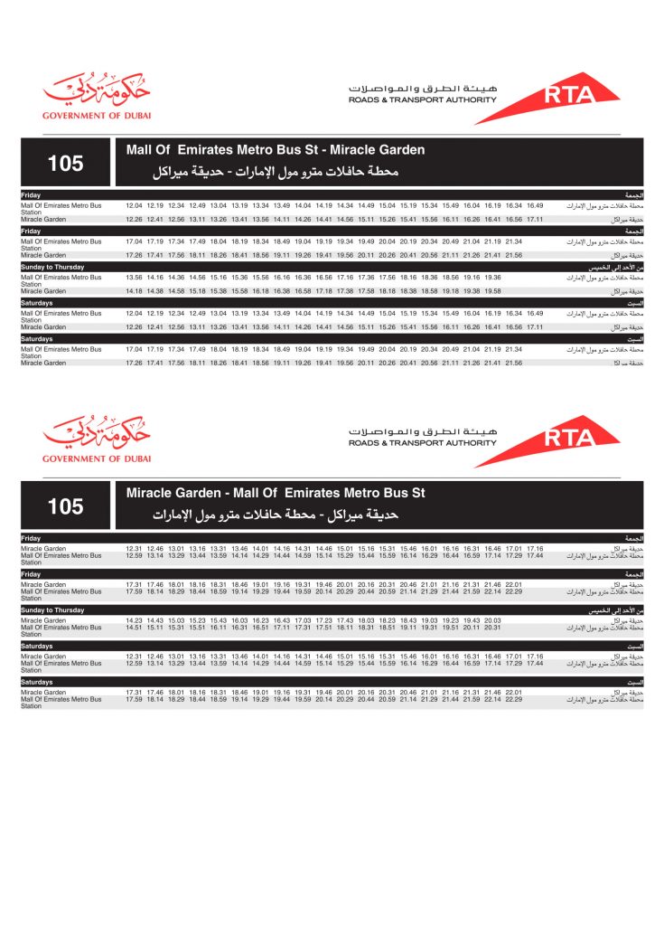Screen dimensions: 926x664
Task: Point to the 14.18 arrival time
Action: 134,291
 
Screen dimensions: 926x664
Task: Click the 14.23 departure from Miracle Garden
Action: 134,620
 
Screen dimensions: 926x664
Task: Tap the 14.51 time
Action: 134,628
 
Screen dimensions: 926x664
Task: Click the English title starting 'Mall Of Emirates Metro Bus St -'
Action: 276,150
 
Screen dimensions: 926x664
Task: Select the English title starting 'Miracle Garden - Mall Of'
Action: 276,493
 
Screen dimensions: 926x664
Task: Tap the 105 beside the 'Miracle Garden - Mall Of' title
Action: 65,506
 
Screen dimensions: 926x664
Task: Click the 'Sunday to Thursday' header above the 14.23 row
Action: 52,610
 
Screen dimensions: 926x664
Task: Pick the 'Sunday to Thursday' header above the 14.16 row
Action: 52,268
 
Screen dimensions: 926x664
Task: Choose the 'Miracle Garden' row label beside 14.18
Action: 43,291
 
